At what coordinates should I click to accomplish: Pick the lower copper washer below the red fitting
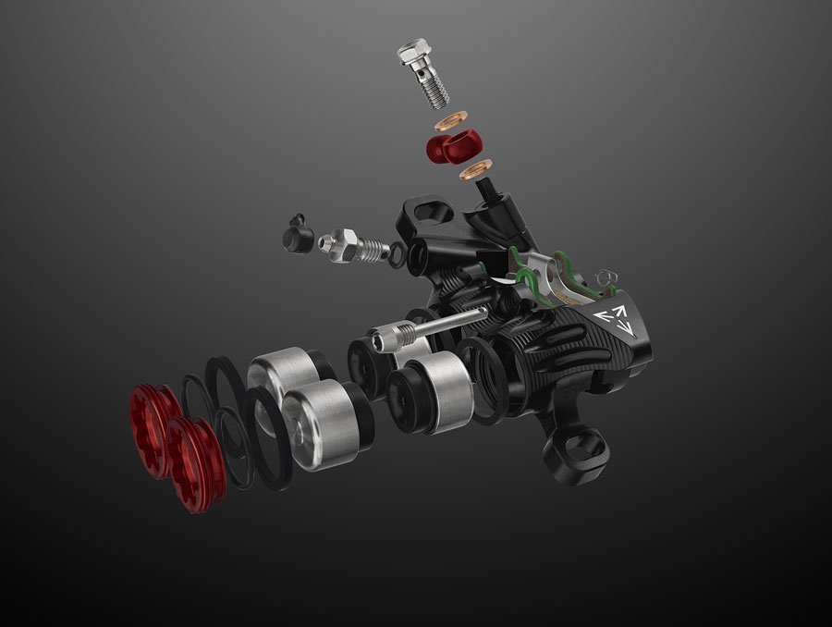coord(475,170)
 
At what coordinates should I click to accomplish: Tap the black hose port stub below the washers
coord(489,193)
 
